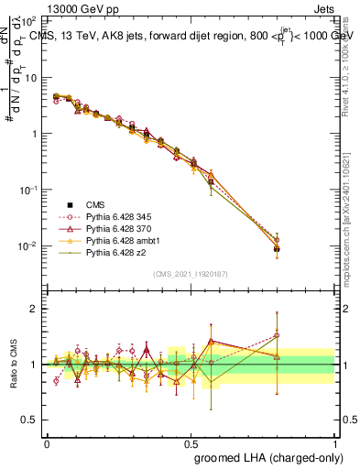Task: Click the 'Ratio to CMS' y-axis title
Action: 13,365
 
